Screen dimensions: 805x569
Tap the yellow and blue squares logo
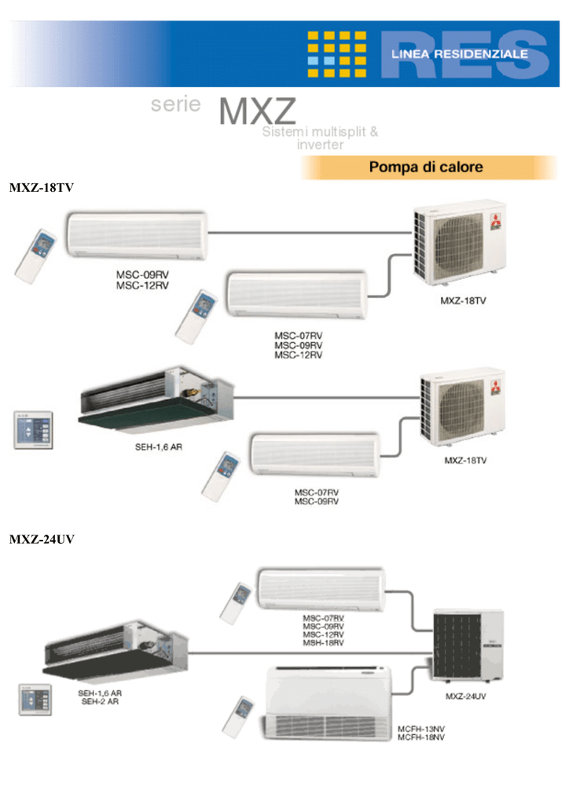tap(336, 54)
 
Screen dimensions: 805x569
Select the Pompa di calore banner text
tap(426, 167)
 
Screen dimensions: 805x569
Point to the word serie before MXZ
tap(176, 105)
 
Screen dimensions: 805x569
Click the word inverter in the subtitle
tap(320, 145)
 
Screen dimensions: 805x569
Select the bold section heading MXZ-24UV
tap(42, 540)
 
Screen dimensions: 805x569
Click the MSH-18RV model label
tap(323, 643)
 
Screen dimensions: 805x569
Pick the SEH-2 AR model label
tap(100, 701)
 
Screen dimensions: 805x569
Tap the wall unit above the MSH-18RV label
tap(321, 588)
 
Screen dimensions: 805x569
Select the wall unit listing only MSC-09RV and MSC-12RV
tap(138, 234)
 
